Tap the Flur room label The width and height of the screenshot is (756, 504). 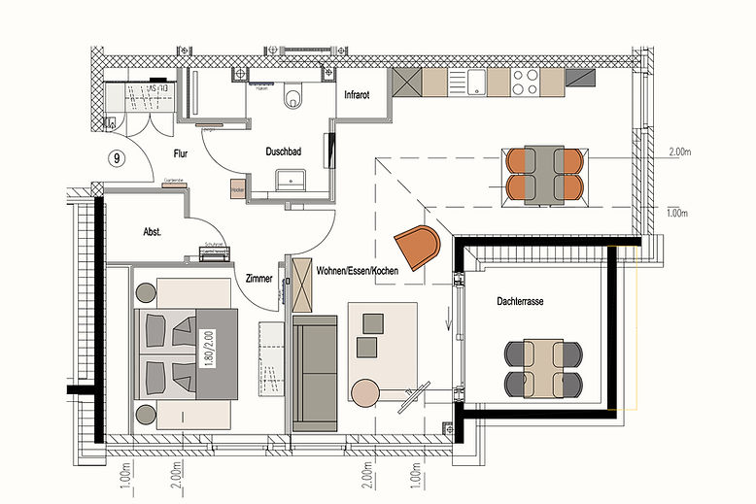coord(182,153)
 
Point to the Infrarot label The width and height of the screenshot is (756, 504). coord(362,95)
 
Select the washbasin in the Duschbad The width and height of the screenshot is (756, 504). coord(290,179)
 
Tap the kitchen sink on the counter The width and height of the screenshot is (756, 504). coord(476,82)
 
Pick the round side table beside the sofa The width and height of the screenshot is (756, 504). coord(366,392)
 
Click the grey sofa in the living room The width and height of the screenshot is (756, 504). coord(315,371)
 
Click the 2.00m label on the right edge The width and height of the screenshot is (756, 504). coord(683,152)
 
